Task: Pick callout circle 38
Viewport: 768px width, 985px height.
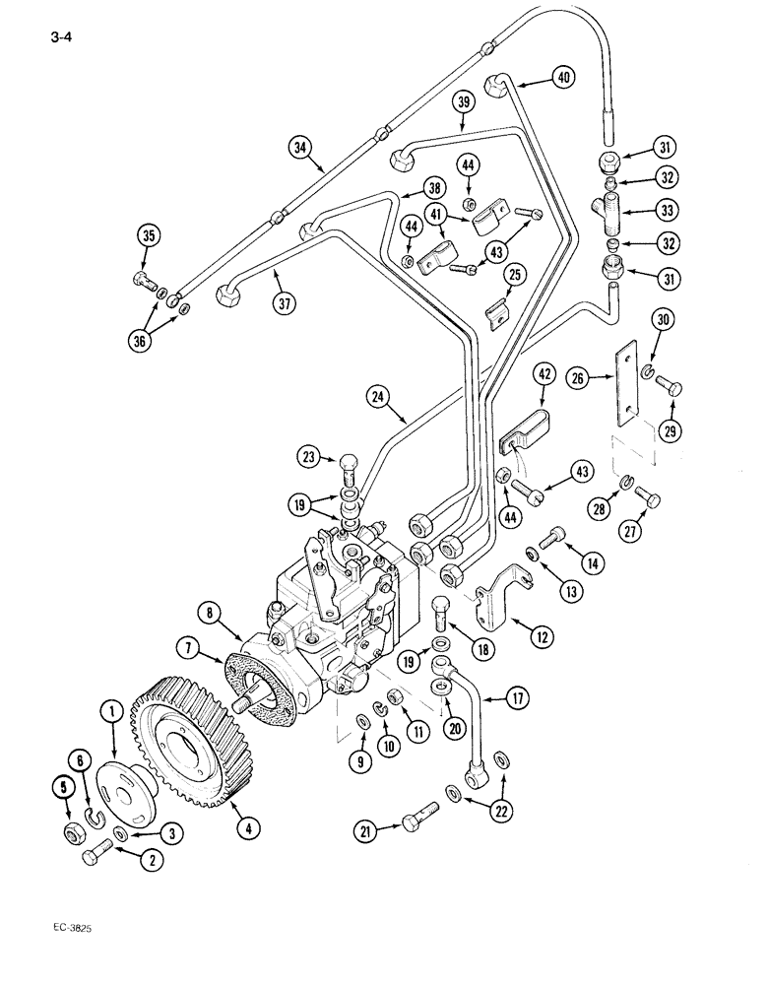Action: point(433,188)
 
